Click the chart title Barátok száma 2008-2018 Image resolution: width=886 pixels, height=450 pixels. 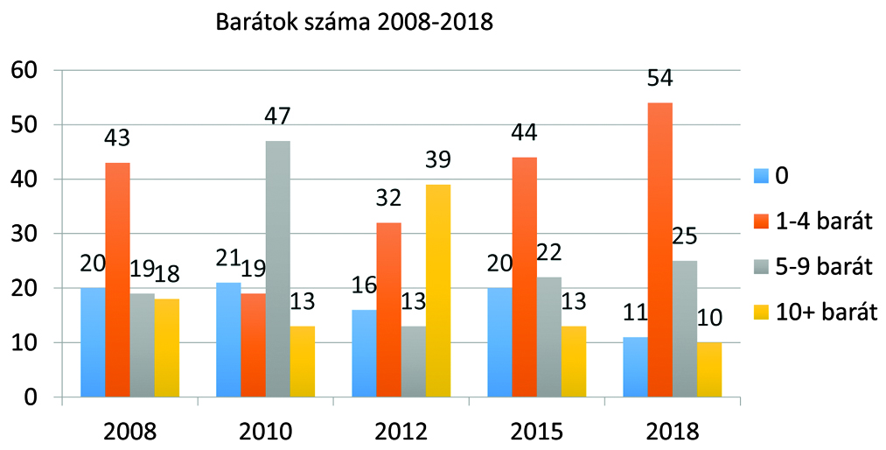tap(355, 23)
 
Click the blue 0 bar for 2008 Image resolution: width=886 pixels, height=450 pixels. tap(93, 342)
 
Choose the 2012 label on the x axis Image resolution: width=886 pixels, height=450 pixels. tap(401, 431)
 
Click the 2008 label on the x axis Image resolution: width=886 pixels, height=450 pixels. tap(129, 431)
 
